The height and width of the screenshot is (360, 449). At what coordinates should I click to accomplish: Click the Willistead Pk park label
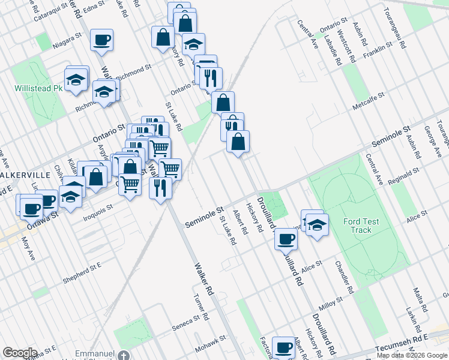tap(38, 88)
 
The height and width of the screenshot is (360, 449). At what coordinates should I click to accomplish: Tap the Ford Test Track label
tap(361, 226)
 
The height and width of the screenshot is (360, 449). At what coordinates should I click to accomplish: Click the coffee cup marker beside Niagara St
tap(101, 41)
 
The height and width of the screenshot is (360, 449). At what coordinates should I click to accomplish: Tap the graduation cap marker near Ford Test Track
tap(317, 225)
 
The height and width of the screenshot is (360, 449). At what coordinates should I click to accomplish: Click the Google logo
tap(20, 353)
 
